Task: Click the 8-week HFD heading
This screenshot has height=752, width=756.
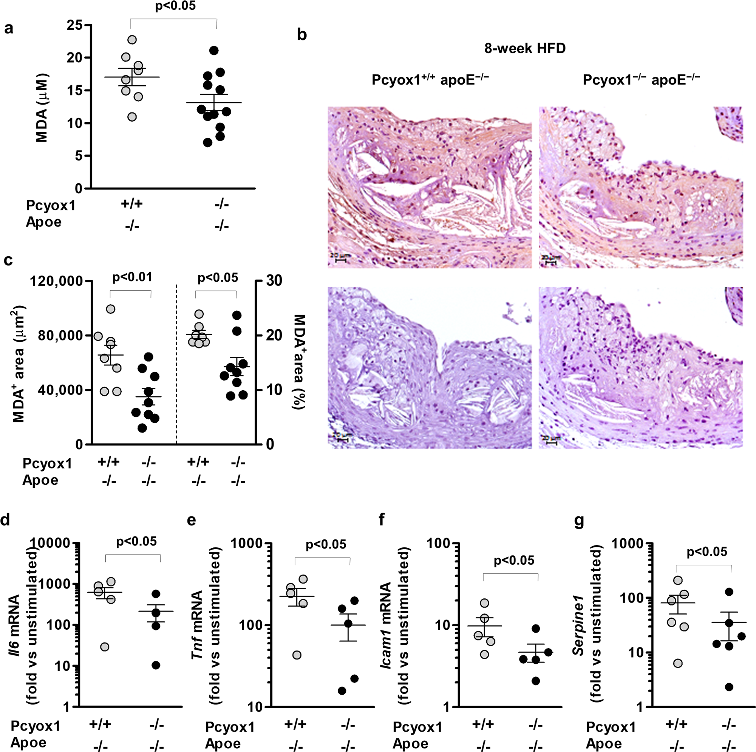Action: tap(525, 49)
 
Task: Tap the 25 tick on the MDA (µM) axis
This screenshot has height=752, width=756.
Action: tap(74, 25)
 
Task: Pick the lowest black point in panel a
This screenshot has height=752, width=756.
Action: tap(208, 142)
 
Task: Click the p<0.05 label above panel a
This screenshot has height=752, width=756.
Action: tap(175, 6)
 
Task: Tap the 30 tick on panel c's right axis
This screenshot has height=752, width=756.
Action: tap(270, 281)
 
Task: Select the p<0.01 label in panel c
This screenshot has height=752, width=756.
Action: tap(132, 277)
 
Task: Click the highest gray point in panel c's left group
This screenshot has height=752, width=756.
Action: tap(111, 309)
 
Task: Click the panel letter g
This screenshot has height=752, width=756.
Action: tap(578, 522)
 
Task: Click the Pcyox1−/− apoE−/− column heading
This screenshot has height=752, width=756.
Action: tap(641, 79)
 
